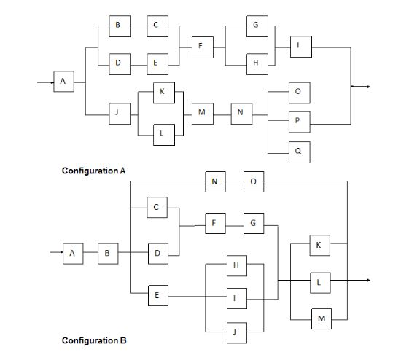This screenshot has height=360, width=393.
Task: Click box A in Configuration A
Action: [x=63, y=82]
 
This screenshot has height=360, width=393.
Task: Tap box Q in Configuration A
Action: [x=298, y=151]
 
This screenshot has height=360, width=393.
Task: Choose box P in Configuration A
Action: [x=298, y=121]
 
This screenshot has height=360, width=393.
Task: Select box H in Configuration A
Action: [x=254, y=63]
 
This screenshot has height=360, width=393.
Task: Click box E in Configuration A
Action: [x=156, y=63]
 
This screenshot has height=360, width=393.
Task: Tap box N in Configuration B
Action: [x=214, y=181]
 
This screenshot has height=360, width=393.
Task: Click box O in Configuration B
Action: [x=252, y=181]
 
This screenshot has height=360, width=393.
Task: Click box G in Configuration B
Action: [x=252, y=223]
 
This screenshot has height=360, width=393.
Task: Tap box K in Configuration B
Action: [x=319, y=245]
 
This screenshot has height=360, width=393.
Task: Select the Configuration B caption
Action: [x=93, y=340]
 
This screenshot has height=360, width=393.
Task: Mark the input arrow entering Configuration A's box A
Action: [x=45, y=82]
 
